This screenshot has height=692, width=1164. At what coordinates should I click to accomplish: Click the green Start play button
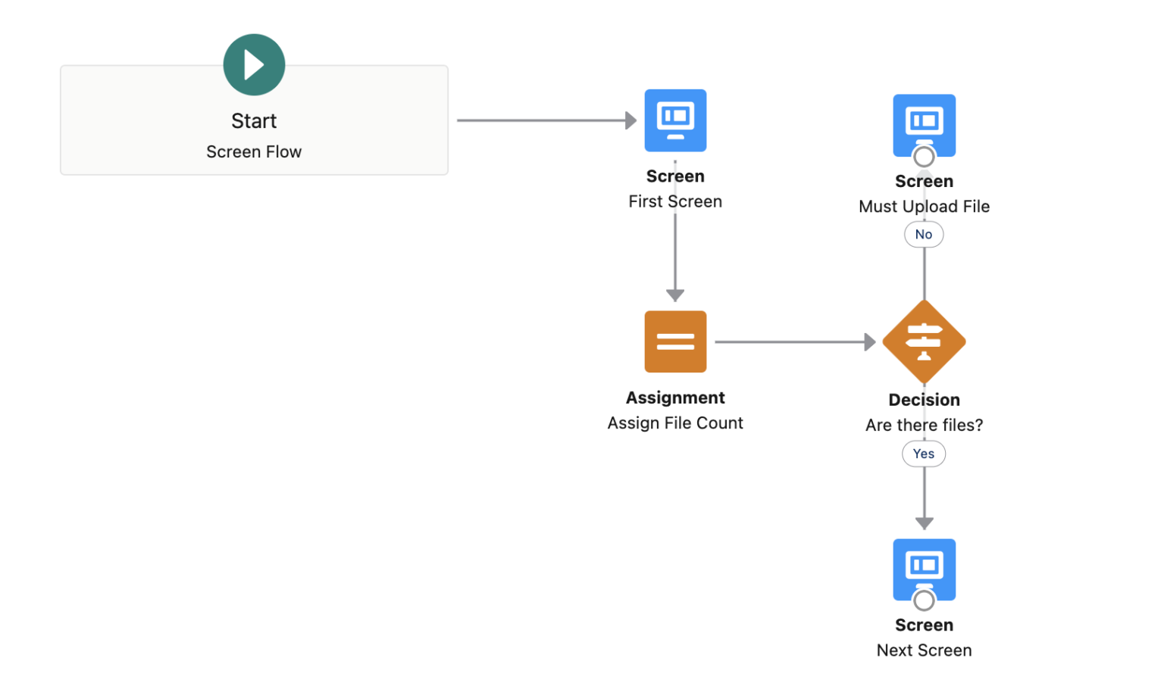(254, 65)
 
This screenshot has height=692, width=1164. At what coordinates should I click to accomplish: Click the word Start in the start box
(254, 121)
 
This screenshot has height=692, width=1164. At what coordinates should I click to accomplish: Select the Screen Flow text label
(254, 152)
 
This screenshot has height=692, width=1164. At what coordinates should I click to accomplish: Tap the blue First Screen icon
(675, 120)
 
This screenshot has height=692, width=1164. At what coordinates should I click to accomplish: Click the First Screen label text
(675, 201)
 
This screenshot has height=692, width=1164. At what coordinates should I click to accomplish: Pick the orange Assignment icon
(675, 341)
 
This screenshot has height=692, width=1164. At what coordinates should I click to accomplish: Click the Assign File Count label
(675, 423)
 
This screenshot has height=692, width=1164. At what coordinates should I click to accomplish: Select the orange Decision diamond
(924, 341)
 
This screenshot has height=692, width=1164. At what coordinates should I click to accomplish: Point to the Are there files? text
(924, 425)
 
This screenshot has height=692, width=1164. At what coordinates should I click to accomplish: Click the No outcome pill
(924, 235)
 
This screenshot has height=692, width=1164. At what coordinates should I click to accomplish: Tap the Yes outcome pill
(924, 454)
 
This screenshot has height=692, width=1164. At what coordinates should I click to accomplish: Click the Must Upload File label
(924, 207)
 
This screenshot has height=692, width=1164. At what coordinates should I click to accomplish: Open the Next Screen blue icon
(924, 566)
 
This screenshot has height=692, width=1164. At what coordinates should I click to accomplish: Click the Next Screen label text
(924, 650)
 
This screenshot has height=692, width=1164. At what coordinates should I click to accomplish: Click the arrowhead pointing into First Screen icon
(630, 120)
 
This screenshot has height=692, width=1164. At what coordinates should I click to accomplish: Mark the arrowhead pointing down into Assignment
(675, 295)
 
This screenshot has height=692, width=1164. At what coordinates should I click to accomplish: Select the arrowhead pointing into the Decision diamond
(870, 342)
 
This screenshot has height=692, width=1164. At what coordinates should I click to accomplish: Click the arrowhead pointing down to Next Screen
(924, 523)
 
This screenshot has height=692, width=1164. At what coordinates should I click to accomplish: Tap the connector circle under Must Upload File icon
(924, 157)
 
